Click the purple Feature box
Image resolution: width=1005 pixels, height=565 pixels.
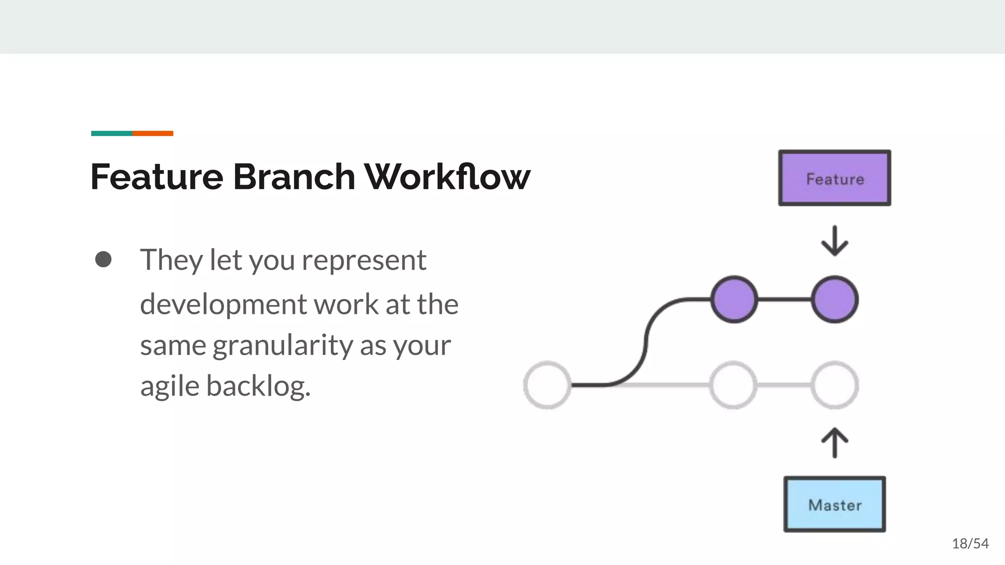click(834, 178)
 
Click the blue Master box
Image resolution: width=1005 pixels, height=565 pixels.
click(834, 504)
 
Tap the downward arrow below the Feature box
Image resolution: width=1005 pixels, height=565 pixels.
click(835, 241)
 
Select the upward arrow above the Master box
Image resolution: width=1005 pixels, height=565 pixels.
click(835, 442)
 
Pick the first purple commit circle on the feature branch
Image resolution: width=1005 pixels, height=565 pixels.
click(734, 299)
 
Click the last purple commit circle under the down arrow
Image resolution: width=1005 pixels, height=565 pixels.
click(835, 299)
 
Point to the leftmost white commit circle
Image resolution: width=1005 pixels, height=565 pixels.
click(547, 385)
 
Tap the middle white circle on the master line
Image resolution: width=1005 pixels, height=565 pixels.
click(734, 385)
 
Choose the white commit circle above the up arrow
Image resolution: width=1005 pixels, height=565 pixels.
click(835, 385)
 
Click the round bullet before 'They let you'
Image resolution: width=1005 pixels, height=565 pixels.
click(103, 259)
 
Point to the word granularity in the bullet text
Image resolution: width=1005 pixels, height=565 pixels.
click(283, 345)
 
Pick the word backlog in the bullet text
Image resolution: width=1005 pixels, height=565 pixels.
click(258, 386)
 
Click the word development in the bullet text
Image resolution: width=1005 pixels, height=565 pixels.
click(223, 305)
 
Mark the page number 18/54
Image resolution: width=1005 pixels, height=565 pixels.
click(970, 543)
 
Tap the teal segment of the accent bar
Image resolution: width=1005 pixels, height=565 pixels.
click(112, 133)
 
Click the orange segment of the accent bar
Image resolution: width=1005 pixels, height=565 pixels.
click(153, 133)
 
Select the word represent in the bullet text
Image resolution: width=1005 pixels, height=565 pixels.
click(364, 260)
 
